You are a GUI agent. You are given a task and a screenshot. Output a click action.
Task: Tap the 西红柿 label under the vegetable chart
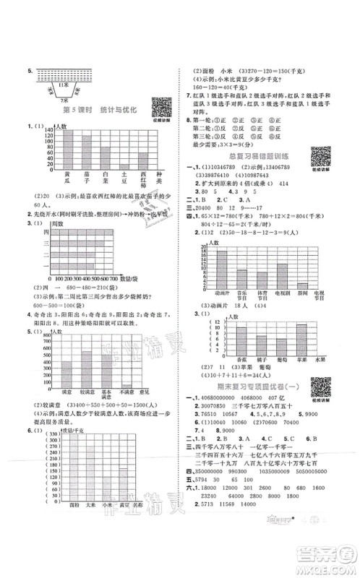pyautogui.click(x=143, y=178)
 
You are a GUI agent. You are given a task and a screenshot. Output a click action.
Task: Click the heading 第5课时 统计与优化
pyautogui.click(x=94, y=109)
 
